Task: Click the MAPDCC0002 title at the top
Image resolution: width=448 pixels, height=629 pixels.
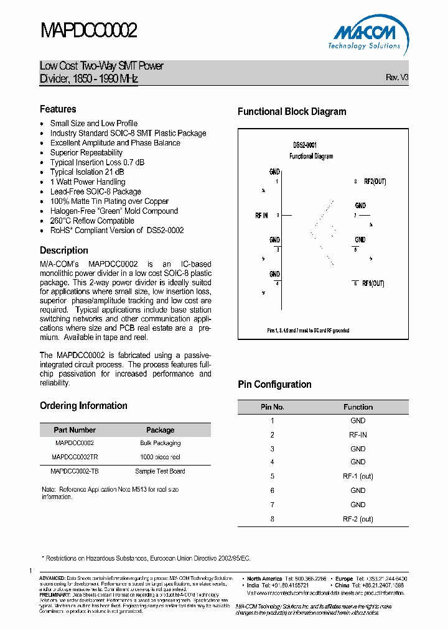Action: coord(88,30)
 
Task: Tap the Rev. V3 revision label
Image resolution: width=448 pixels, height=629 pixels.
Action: coord(397,78)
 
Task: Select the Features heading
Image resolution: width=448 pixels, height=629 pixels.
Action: coord(58,109)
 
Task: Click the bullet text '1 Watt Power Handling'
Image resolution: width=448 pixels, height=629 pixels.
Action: coord(87,182)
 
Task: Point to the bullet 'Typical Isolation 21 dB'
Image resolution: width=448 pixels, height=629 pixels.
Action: coord(86,172)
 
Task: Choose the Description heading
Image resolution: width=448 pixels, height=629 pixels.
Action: coord(64,250)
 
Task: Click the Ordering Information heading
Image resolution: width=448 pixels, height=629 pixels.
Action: coord(83,406)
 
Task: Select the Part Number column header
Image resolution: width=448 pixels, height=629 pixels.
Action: coord(75,430)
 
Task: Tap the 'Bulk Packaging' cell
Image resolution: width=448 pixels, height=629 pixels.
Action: coord(160,444)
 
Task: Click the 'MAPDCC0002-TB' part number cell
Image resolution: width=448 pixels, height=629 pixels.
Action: coord(75,471)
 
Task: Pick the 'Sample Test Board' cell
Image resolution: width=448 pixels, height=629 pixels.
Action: coord(160,471)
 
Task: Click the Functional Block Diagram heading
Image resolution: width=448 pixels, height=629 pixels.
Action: coord(292,112)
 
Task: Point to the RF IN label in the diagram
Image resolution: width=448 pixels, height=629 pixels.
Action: coord(261,215)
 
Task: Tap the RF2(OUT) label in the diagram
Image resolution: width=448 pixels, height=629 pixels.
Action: coord(375,181)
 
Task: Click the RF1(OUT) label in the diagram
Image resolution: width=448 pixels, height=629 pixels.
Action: coord(373,283)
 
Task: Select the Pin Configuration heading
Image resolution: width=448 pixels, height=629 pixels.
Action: coord(274,385)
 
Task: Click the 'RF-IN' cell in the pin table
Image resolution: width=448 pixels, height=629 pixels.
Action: coord(358,435)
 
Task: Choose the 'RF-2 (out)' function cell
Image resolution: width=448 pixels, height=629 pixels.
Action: coord(358,519)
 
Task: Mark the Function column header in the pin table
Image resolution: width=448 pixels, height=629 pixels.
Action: coord(358,407)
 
